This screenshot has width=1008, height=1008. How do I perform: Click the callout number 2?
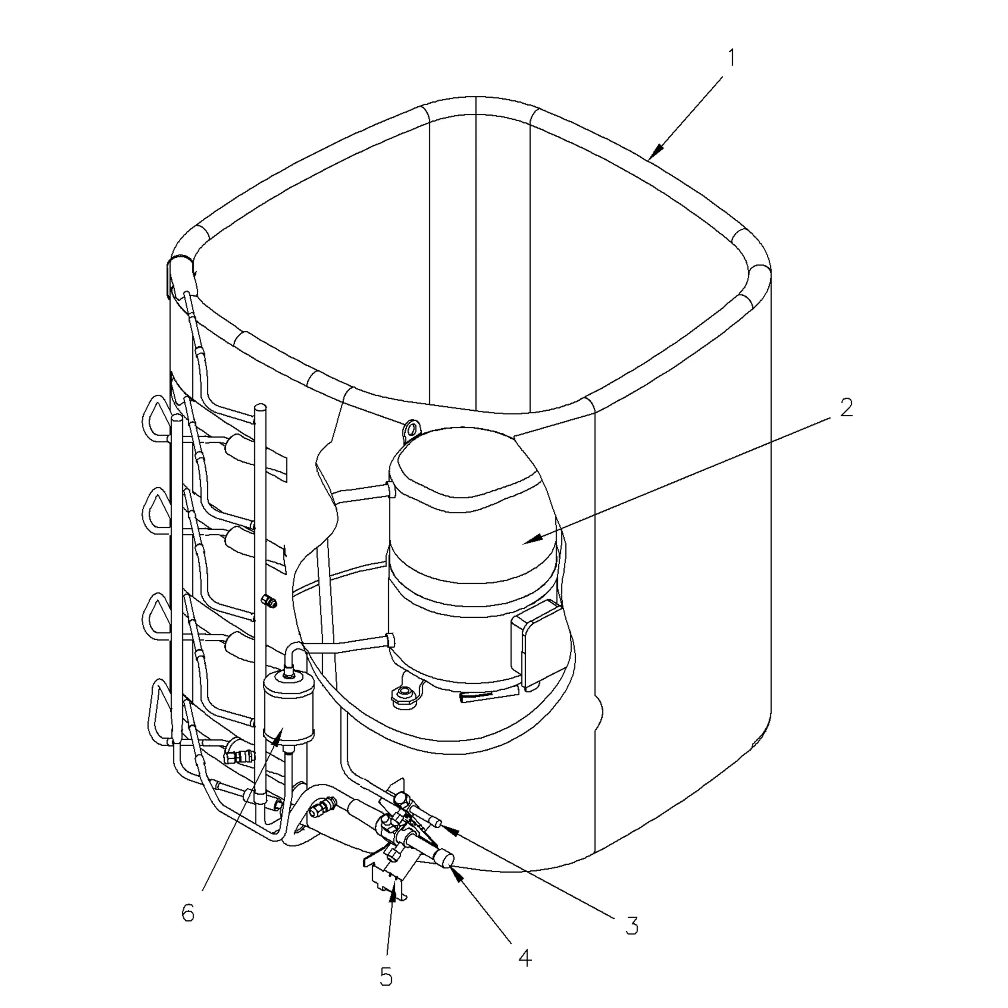click(846, 408)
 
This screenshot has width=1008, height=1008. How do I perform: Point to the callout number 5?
click(386, 977)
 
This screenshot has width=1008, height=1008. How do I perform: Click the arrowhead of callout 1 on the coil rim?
click(652, 156)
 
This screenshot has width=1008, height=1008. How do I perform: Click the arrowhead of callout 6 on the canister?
click(282, 729)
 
